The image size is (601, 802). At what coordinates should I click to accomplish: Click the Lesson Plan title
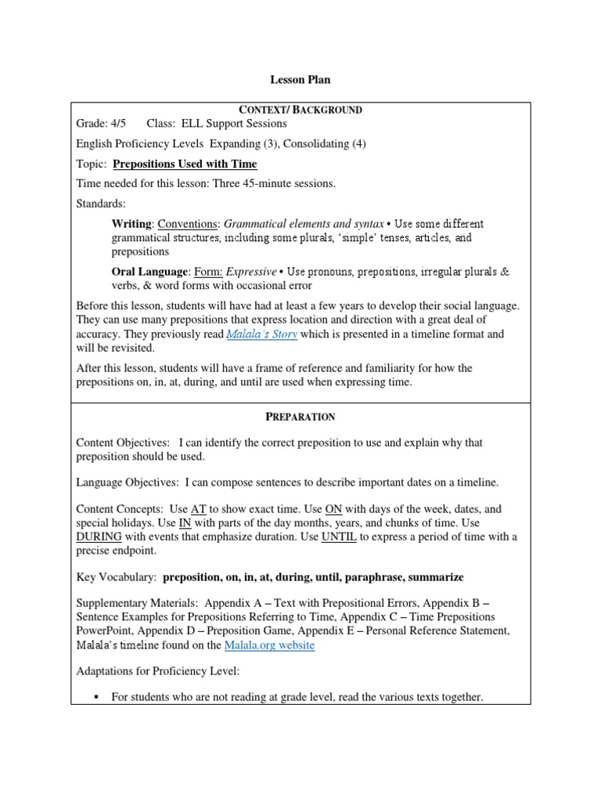(x=300, y=80)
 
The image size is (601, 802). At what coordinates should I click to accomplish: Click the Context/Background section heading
(x=300, y=110)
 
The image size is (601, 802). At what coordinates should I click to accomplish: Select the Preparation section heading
(x=300, y=417)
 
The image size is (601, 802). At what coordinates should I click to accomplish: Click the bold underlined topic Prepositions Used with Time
(x=185, y=164)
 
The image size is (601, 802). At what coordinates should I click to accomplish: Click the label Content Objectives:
(x=123, y=443)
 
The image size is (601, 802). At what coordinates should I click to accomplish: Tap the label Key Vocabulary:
(x=116, y=577)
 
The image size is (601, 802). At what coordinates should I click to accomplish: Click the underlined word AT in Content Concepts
(x=199, y=509)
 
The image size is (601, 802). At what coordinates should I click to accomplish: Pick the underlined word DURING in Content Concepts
(x=99, y=537)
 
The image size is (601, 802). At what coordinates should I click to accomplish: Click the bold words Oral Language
(x=149, y=272)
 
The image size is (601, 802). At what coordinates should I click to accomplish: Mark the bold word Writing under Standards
(x=131, y=224)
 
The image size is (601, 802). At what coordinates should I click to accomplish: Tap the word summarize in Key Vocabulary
(x=434, y=577)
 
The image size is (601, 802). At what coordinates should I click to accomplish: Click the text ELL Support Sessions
(x=234, y=123)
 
